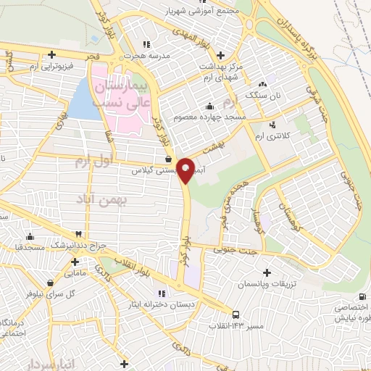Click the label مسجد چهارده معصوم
pos(211,116)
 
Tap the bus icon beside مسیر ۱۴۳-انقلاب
pos(236,314)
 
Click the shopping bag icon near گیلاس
pos(168,159)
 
